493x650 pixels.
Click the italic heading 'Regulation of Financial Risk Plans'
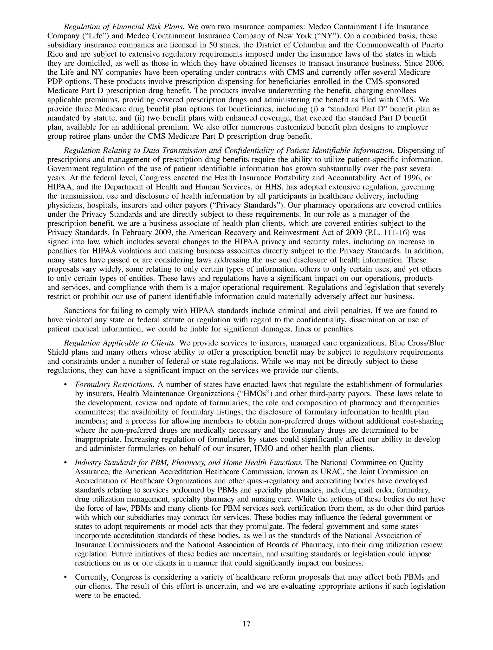tap(124, 27)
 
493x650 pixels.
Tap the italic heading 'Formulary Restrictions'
tap(115, 384)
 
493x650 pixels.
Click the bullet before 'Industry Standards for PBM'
tap(65, 463)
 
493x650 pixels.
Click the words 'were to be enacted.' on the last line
tap(108, 595)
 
